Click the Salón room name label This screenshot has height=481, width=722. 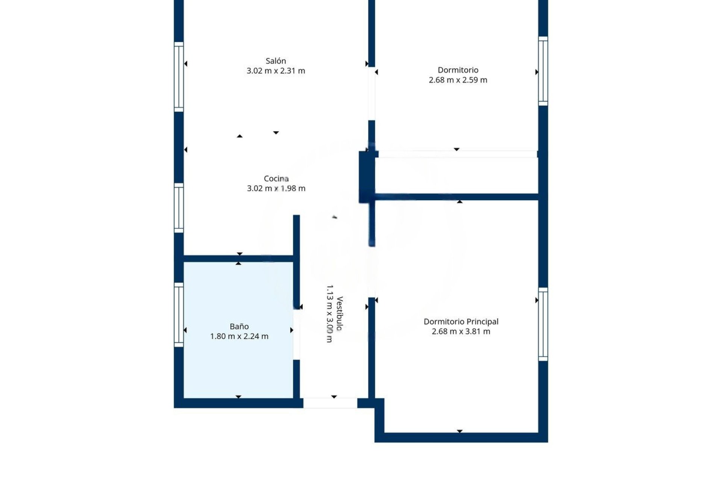click(x=276, y=61)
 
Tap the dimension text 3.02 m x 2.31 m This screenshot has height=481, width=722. click(x=276, y=71)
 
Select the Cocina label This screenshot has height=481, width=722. click(x=276, y=178)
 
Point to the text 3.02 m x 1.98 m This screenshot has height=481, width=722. click(x=276, y=188)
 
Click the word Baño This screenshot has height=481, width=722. click(x=239, y=326)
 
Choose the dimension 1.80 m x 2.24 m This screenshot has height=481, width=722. click(x=239, y=336)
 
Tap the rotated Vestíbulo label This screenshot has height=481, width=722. click(x=339, y=313)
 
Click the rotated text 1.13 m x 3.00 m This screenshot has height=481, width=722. click(x=329, y=313)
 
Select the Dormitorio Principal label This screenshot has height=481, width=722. click(x=461, y=321)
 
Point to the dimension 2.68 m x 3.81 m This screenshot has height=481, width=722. click(x=461, y=331)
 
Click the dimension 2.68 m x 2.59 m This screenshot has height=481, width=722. click(x=458, y=80)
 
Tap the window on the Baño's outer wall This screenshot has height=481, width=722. click(x=179, y=315)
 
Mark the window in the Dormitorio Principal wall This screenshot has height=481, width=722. click(x=543, y=324)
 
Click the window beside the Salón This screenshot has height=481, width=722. click(x=179, y=77)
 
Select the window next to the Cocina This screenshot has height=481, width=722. click(x=179, y=208)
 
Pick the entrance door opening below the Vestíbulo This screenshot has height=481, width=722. click(x=330, y=403)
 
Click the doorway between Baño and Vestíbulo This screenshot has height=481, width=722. click(x=296, y=334)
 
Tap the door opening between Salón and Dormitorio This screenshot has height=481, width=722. click(x=372, y=94)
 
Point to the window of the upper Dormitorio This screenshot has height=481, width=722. click(x=543, y=71)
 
